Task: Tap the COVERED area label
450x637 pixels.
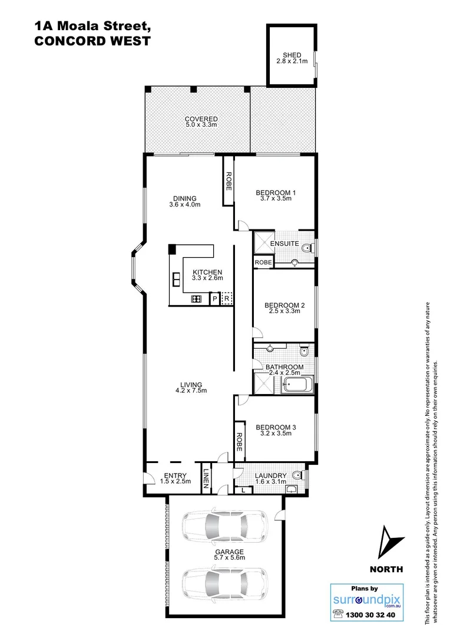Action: [x=201, y=119]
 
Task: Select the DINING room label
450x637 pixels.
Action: [x=184, y=198]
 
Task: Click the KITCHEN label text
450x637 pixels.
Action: [x=207, y=273]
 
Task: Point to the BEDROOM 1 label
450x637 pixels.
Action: [x=275, y=193]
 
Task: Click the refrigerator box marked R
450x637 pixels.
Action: [x=226, y=299]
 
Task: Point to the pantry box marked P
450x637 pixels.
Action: [x=214, y=300]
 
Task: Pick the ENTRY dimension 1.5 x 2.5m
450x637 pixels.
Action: [x=175, y=481]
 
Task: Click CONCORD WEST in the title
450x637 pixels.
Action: [x=92, y=41]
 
